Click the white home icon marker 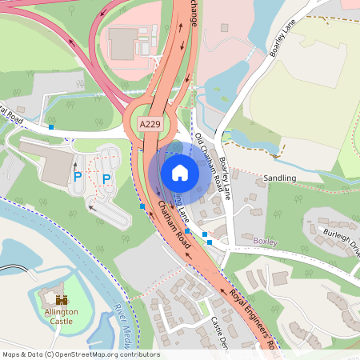pyautogui.click(x=179, y=173)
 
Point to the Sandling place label pyautogui.click(x=279, y=177)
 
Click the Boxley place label pyautogui.click(x=265, y=239)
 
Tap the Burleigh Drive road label pyautogui.click(x=343, y=242)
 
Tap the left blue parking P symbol pyautogui.click(x=78, y=178)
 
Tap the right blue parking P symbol pyautogui.click(x=106, y=178)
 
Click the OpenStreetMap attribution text pyautogui.click(x=80, y=354)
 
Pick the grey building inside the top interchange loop pyautogui.click(x=123, y=44)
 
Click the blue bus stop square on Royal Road pyautogui.click(x=51, y=126)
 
